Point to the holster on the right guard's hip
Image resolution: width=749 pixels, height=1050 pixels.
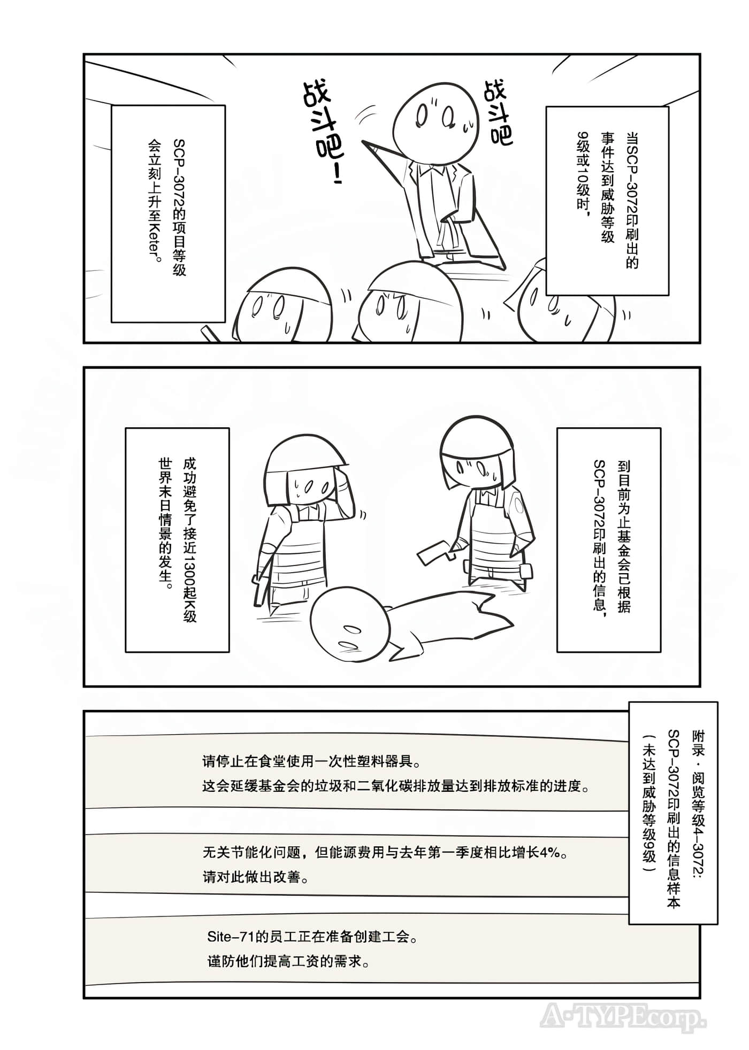tap(525, 572)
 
